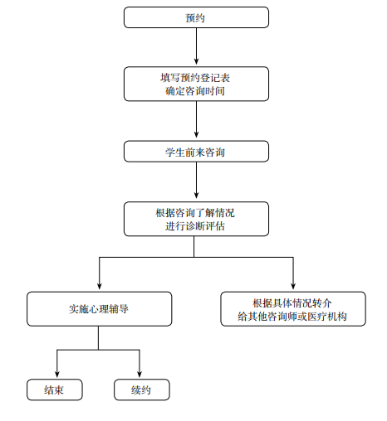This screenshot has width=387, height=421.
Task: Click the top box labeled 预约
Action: [196, 17]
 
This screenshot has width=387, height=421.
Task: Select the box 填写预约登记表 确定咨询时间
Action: [196, 84]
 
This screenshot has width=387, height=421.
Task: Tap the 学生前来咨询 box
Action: [196, 152]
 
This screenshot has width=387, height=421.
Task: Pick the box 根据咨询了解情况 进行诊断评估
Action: [196, 219]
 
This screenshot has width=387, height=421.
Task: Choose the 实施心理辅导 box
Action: [99, 309]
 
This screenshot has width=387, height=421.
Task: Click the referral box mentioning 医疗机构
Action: [293, 309]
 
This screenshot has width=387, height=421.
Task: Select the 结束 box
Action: [55, 390]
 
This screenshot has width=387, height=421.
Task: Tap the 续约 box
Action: [142, 390]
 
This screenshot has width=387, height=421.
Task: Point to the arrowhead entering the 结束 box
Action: [57, 375]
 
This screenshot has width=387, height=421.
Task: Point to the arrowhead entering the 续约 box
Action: [140, 375]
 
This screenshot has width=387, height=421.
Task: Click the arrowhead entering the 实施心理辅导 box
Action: [100, 287]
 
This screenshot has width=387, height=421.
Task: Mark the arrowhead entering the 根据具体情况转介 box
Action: [293, 287]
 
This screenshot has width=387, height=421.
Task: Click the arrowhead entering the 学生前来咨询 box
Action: [196, 136]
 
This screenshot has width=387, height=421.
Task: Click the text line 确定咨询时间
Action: [195, 91]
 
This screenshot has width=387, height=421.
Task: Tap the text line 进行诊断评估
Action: [195, 226]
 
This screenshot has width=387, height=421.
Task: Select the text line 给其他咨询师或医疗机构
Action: [292, 317]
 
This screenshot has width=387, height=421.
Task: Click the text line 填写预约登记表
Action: [195, 78]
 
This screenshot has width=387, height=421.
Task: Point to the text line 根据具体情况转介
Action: [292, 303]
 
